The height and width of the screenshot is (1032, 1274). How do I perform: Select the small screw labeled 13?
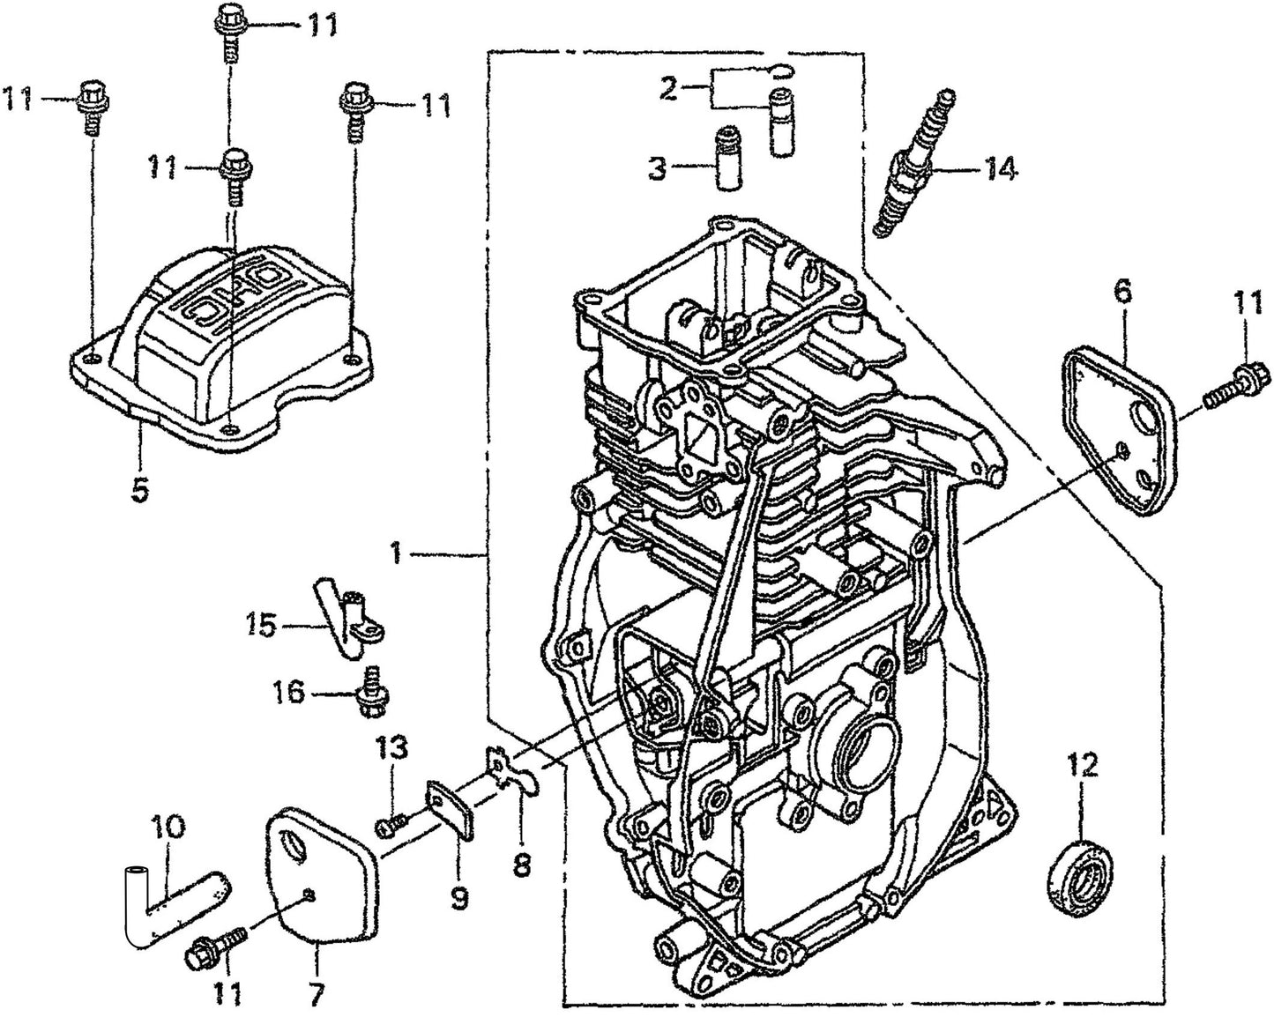[x=390, y=825]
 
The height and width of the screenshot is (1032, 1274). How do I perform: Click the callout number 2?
[x=668, y=89]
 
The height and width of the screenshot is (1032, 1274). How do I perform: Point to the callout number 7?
[x=316, y=996]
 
